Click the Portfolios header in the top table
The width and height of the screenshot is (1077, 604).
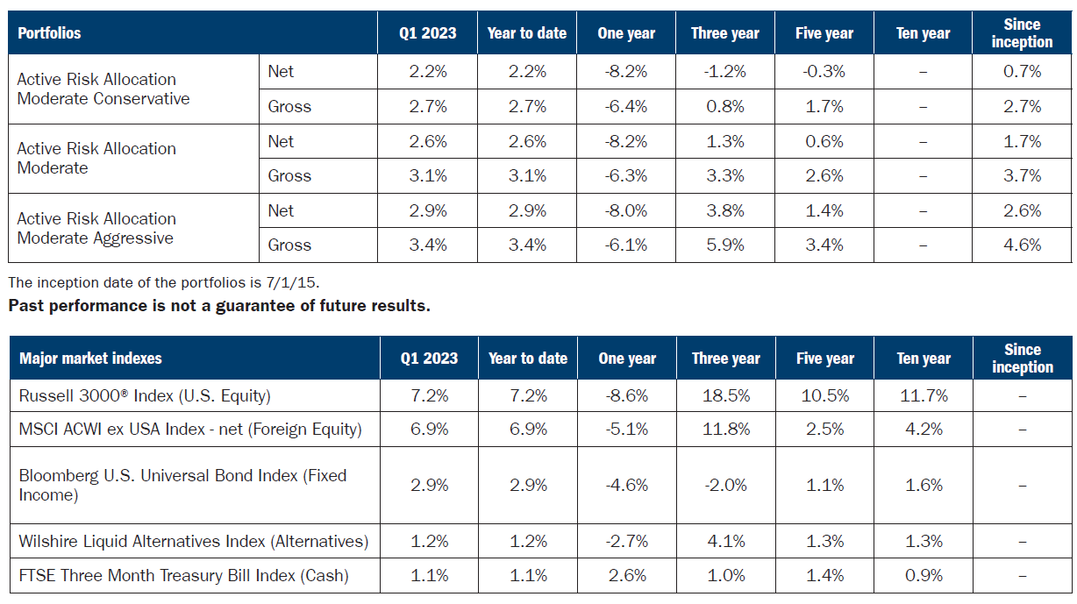[x=49, y=33]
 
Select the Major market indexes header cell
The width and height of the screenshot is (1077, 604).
[x=90, y=359]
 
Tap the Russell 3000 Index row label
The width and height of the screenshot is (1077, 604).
[x=145, y=396]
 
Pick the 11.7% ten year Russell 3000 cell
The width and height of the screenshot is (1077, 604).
[x=923, y=396]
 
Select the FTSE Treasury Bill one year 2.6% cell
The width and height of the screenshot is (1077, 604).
[x=626, y=576]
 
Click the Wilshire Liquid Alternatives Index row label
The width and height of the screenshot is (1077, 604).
[x=194, y=542]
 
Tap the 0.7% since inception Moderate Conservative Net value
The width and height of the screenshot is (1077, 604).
[x=1022, y=72]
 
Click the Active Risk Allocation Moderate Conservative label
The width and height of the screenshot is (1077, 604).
[x=103, y=89]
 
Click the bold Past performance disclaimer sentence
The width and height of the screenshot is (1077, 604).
[x=219, y=307]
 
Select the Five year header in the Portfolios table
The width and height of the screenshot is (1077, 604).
[x=824, y=33]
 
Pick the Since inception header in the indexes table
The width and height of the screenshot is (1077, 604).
[x=1022, y=359]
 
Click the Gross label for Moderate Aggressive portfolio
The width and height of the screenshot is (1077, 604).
[x=289, y=245]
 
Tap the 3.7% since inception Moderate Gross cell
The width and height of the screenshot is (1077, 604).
[x=1022, y=176]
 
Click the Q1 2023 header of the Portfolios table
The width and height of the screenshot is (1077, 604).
[x=428, y=33]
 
